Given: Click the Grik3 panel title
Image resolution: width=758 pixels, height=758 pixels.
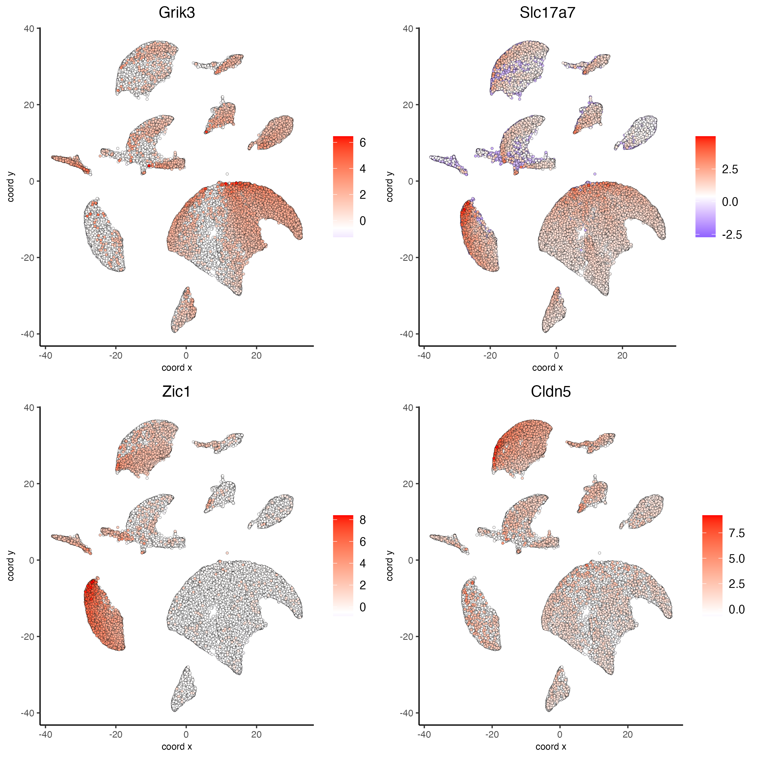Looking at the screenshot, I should (x=177, y=13).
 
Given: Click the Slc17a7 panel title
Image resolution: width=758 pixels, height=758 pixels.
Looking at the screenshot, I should (x=547, y=13).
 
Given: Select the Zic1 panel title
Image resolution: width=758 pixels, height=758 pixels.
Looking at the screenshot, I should (x=176, y=392).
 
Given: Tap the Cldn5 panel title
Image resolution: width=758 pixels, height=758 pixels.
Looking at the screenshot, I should (x=551, y=392).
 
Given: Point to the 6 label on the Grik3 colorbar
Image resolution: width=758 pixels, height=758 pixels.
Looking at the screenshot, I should (x=362, y=143).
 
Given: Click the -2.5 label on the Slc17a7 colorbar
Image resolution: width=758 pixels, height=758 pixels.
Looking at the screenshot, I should (x=732, y=235).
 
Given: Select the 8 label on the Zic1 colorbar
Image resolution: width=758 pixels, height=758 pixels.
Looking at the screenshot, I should (x=362, y=520).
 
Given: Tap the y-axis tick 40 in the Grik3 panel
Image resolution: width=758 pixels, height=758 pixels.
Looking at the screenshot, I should (x=29, y=29).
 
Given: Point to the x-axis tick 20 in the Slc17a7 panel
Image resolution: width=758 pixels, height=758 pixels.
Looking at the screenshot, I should (x=622, y=356).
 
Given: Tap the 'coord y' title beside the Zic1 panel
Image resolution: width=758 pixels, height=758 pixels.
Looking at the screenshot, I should (x=11, y=566).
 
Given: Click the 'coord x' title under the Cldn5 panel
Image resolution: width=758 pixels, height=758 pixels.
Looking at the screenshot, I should (x=551, y=746).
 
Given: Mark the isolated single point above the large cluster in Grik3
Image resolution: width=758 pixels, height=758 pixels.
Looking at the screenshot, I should (x=227, y=174).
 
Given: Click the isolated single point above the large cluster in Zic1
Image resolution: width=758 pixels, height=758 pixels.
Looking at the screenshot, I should (x=227, y=553).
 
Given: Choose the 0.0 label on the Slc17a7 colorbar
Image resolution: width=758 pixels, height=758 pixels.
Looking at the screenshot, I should (x=730, y=202).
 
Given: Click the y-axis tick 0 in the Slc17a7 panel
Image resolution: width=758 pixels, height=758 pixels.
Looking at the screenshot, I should (x=411, y=181).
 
